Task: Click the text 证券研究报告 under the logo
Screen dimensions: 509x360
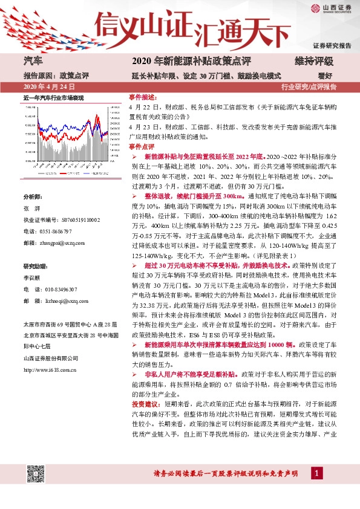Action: click(x=332, y=46)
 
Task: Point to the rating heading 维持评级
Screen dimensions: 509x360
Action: click(x=314, y=61)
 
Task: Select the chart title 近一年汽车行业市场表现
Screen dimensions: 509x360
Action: click(x=53, y=97)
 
